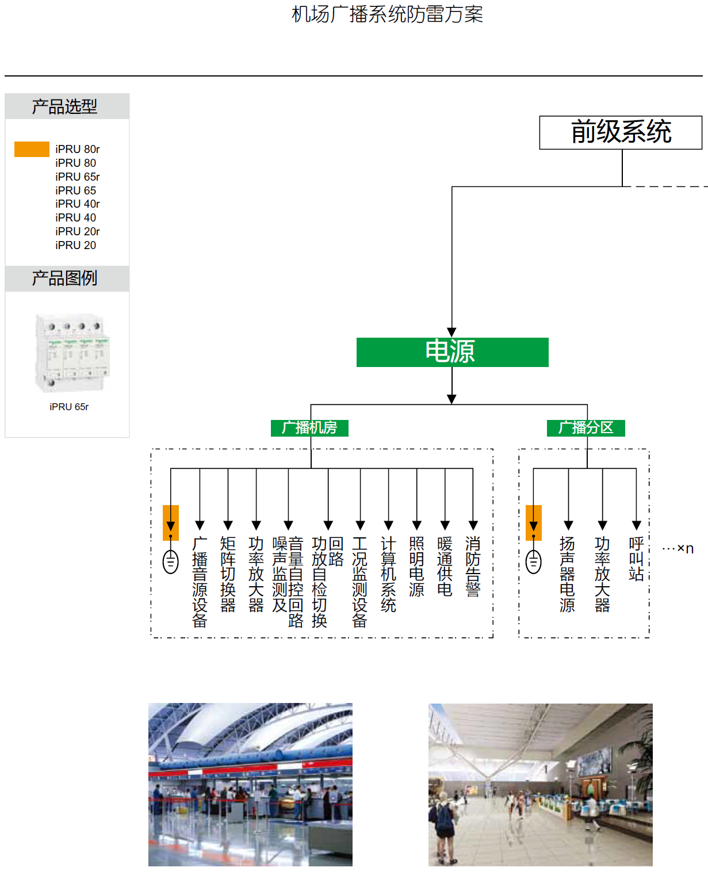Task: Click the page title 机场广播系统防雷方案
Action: (387, 14)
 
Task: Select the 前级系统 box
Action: (620, 132)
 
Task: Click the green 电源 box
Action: (452, 352)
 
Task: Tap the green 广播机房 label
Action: (309, 428)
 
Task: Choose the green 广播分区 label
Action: (585, 428)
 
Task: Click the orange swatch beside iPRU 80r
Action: (32, 149)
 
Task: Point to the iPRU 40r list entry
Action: (78, 204)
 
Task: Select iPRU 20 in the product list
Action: (76, 245)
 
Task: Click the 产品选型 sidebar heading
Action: (65, 106)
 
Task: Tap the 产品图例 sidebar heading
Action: (65, 278)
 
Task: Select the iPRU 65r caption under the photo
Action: (69, 407)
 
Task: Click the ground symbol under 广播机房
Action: (171, 561)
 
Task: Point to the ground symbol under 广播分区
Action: (534, 561)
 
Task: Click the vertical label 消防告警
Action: (473, 567)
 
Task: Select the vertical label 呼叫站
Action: (636, 559)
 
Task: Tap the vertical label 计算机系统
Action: (389, 574)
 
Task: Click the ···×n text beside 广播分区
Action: (678, 548)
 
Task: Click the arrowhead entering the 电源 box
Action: (452, 333)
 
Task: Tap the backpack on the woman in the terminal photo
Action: (445, 817)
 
